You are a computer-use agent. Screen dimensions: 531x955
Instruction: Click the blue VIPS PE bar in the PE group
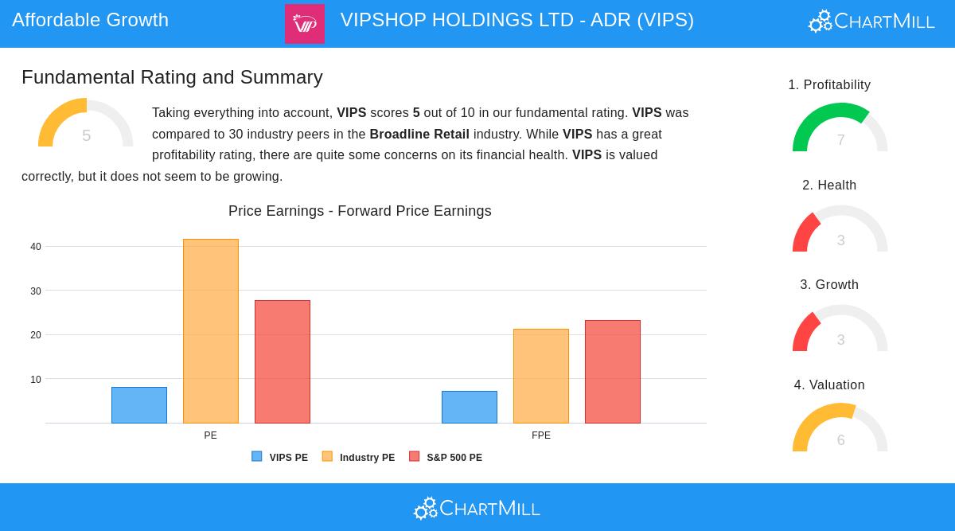pyautogui.click(x=139, y=405)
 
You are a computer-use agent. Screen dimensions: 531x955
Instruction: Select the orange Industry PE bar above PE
pyautogui.click(x=211, y=331)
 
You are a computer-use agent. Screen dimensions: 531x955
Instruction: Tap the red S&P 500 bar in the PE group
pyautogui.click(x=283, y=361)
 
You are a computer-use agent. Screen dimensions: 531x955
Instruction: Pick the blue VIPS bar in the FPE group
pyautogui.click(x=470, y=407)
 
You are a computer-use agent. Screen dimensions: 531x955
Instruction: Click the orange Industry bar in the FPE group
pyautogui.click(x=541, y=376)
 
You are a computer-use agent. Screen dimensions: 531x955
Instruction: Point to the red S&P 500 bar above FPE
pyautogui.click(x=613, y=372)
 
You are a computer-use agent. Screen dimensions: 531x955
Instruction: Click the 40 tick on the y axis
pyautogui.click(x=36, y=247)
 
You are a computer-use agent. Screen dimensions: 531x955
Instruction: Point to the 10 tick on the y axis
pyautogui.click(x=36, y=380)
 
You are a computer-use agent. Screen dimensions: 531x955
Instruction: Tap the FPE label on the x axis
pyautogui.click(x=541, y=435)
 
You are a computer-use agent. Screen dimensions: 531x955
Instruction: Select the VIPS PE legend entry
pyautogui.click(x=280, y=458)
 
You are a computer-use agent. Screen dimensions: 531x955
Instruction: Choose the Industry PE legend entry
pyautogui.click(x=359, y=458)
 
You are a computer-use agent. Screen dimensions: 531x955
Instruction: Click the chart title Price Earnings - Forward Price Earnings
pyautogui.click(x=360, y=211)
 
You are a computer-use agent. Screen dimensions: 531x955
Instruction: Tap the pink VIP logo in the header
pyautogui.click(x=305, y=24)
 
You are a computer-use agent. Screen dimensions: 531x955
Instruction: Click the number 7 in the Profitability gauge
pyautogui.click(x=840, y=141)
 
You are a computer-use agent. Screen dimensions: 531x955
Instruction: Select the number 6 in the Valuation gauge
pyautogui.click(x=840, y=440)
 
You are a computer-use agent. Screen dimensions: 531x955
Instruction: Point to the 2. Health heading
pyautogui.click(x=829, y=185)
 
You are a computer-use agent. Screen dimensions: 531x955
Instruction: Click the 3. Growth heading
pyautogui.click(x=829, y=285)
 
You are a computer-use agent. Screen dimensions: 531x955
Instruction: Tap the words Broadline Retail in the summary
pyautogui.click(x=419, y=134)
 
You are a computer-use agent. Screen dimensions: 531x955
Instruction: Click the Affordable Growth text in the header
pyautogui.click(x=90, y=20)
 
